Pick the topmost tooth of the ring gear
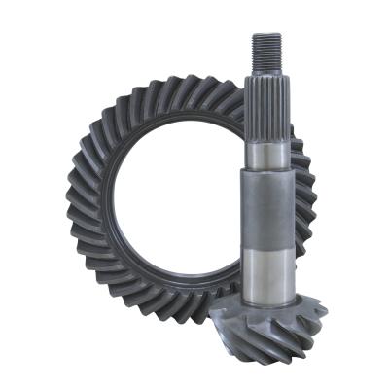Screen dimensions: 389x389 coord(185,82)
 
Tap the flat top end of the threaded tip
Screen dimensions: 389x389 coord(267,34)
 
